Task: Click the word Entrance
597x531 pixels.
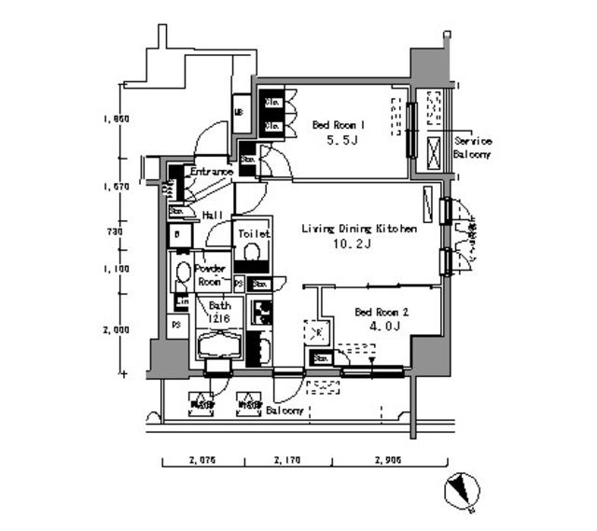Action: (x=211, y=173)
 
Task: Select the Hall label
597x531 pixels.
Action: (x=211, y=215)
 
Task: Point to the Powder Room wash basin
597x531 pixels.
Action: (x=183, y=274)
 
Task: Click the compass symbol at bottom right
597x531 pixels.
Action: (x=463, y=490)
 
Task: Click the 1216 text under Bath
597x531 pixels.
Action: (x=220, y=318)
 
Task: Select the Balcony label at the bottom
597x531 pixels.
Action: (x=285, y=411)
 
